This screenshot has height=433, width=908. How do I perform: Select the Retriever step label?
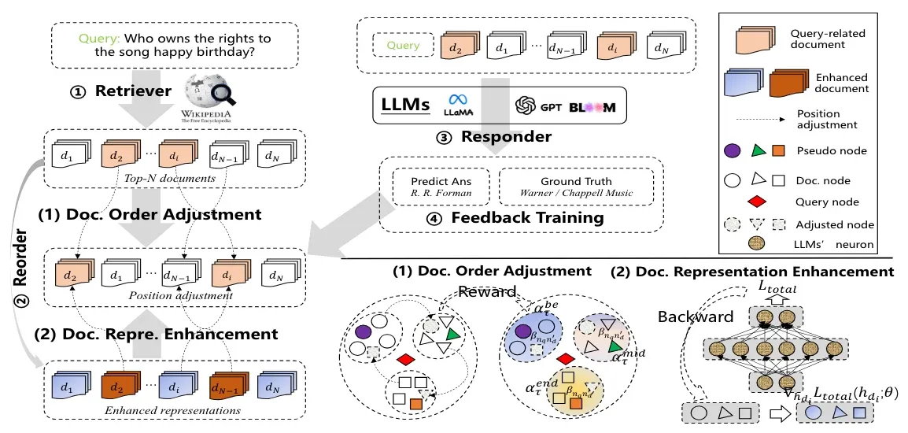click(133, 91)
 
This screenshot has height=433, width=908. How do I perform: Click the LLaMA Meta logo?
click(458, 105)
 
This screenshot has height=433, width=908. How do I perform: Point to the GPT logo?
click(540, 105)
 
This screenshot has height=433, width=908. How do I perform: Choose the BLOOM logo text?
click(592, 106)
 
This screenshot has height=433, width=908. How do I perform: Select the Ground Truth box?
click(576, 186)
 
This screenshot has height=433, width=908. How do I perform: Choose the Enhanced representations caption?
click(169, 409)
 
